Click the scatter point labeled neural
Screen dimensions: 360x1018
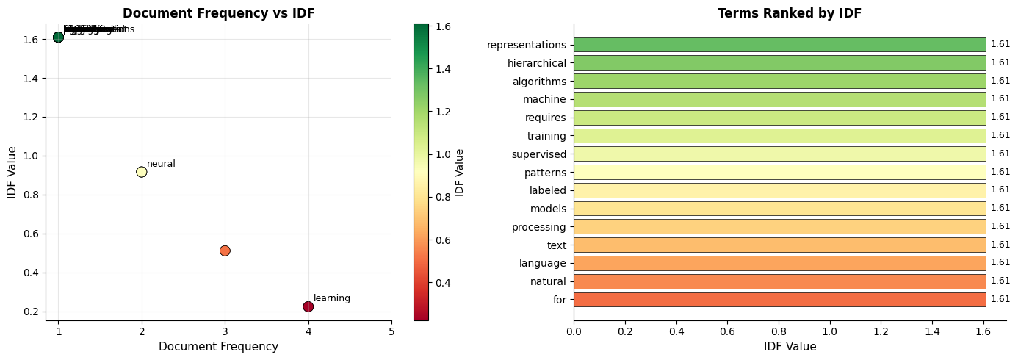[142, 172]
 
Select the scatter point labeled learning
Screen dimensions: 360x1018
[308, 306]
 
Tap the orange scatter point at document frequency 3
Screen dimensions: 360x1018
[225, 251]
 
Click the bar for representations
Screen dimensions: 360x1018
[779, 45]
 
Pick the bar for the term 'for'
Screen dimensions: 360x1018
[779, 299]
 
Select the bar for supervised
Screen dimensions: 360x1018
[779, 154]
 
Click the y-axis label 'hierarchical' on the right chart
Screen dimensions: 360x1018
[536, 63]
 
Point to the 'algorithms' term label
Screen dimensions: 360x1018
[539, 82]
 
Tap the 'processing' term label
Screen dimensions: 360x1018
[539, 227]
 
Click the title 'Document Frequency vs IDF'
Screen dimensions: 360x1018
[218, 13]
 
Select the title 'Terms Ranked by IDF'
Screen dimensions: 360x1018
[790, 13]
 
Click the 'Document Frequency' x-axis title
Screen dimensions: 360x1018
[218, 347]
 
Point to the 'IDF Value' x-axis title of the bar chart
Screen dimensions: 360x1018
[790, 347]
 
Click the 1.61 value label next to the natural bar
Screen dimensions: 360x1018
[1000, 281]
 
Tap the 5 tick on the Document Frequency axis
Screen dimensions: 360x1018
[391, 331]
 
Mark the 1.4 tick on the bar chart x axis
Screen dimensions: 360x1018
[932, 331]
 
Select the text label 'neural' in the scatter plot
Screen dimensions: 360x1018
[161, 164]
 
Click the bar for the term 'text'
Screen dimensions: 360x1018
[779, 245]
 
